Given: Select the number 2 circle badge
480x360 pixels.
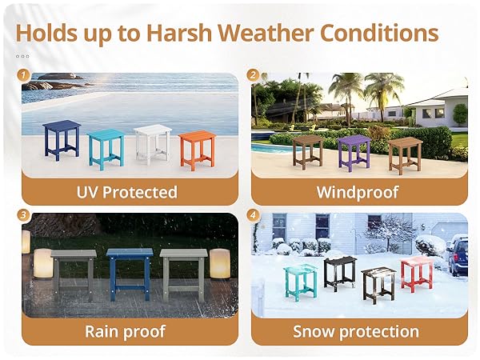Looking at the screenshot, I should coord(254,75).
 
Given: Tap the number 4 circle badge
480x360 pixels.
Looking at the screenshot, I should coord(254,214).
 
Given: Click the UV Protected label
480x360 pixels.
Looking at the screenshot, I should coord(126,192).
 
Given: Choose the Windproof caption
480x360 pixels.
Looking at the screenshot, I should coord(356,192).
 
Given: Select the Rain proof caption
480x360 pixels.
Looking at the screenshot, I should coord(126,331).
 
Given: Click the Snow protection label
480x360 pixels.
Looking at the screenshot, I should coord(356,331).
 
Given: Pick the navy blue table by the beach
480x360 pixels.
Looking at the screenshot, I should coord(62,138).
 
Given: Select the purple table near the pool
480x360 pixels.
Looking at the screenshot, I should coord(354,150).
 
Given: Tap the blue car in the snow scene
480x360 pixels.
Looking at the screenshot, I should coord(458,255).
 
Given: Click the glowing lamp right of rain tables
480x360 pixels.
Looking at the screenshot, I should coord(219,263).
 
